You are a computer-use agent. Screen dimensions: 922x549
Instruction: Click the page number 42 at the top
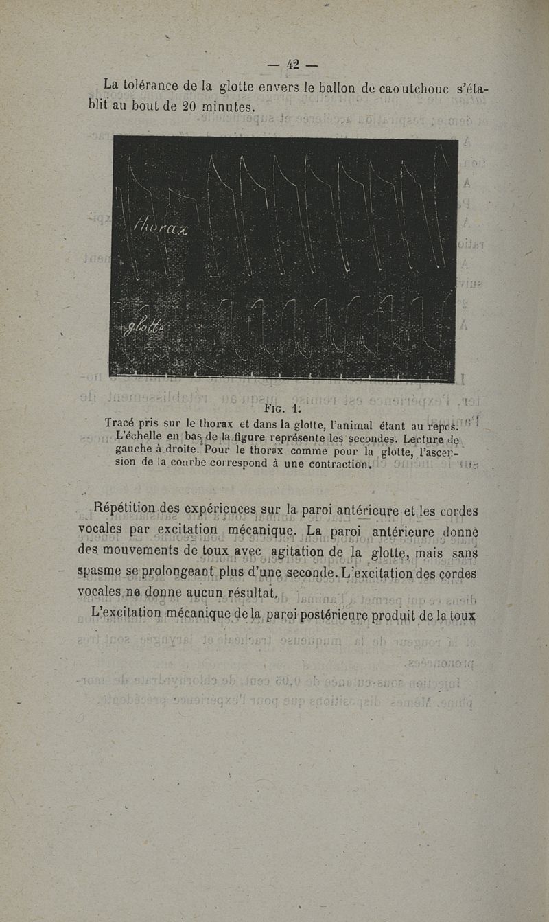[293, 65]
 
